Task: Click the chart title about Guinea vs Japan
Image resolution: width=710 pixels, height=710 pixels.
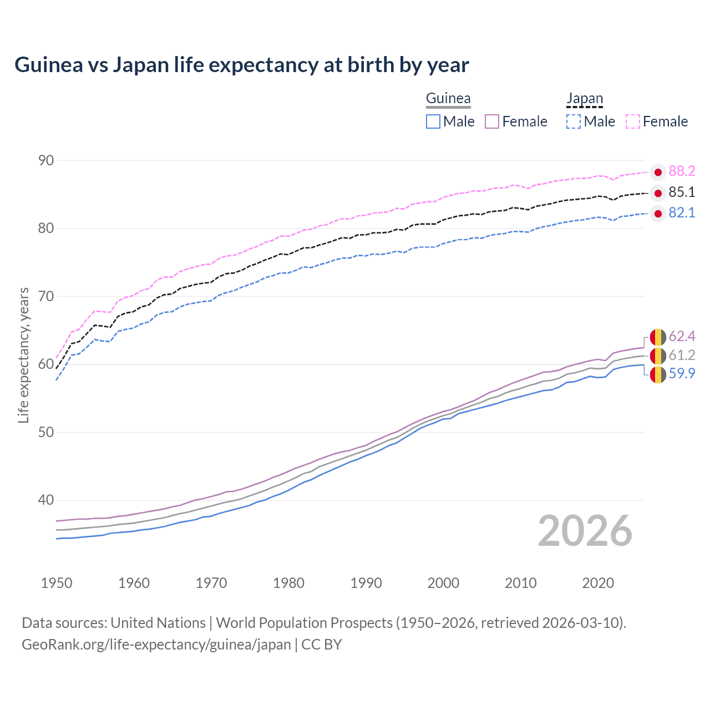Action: tap(242, 65)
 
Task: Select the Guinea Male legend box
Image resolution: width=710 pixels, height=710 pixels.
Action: tap(433, 121)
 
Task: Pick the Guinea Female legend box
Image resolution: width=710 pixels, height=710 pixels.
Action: tap(492, 121)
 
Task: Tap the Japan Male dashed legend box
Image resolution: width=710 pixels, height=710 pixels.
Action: tap(574, 121)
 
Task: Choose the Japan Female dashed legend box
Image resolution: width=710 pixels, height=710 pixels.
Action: tap(633, 121)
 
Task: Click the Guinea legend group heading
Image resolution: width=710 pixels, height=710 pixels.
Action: tap(448, 99)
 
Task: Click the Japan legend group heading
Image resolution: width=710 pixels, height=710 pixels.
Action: tap(585, 99)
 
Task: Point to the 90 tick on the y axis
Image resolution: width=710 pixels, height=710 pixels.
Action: tap(46, 161)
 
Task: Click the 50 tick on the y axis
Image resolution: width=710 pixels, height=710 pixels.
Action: tap(46, 432)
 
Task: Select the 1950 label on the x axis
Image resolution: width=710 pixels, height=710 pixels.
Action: tap(57, 583)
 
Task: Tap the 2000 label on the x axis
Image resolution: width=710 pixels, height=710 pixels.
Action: tap(443, 583)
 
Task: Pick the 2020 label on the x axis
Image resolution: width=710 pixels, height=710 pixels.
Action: tap(598, 583)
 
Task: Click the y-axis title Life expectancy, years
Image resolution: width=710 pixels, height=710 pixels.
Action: tap(23, 356)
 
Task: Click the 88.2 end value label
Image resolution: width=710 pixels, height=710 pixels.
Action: tap(682, 171)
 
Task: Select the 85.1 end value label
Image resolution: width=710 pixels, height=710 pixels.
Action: tap(682, 192)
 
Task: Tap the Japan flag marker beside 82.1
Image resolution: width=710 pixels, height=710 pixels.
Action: tap(658, 214)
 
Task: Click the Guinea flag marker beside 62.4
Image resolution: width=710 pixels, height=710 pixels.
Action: tap(658, 337)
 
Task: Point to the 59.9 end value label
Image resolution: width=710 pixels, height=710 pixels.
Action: tap(682, 374)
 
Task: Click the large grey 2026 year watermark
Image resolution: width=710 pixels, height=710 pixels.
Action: tap(585, 531)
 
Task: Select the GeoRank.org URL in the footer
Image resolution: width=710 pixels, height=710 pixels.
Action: tap(156, 645)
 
